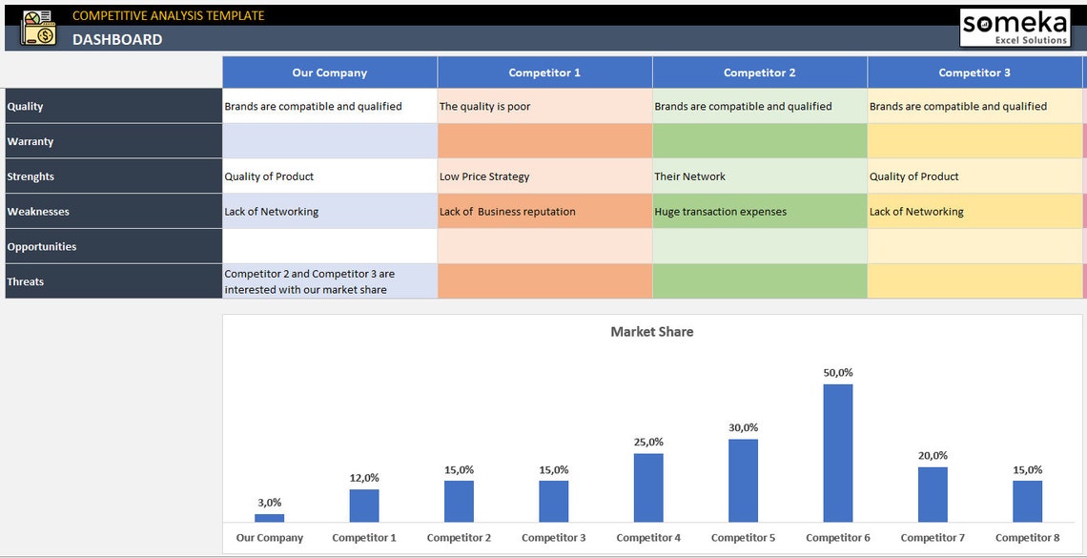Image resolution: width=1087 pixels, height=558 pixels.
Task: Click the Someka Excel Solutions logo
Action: coord(1014,27)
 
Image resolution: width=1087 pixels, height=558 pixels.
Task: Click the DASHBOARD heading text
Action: coord(117,39)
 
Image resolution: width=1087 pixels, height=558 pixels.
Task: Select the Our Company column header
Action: coord(329,72)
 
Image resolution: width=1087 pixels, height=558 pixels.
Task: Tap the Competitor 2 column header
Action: coord(759,72)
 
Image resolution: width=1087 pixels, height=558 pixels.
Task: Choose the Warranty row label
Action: coord(31,141)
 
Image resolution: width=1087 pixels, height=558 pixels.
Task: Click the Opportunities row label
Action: coord(42,246)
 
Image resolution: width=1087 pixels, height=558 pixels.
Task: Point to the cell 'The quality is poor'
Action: coord(484,107)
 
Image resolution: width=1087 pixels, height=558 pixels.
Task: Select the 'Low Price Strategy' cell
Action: coord(484,176)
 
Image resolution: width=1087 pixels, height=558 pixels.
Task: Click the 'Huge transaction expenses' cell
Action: coord(720,212)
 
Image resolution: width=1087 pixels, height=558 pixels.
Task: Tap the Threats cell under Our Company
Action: coord(329,281)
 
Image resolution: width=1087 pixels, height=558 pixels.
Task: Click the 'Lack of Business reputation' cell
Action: coord(507,212)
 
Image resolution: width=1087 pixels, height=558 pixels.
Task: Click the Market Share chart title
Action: coord(652,332)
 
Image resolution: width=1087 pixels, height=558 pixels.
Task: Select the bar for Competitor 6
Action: coord(838,453)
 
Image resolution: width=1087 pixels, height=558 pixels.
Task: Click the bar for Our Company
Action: coord(269,518)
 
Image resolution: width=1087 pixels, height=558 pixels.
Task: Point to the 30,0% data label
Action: coord(743,427)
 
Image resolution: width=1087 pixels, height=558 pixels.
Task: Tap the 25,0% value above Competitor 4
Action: coord(648,442)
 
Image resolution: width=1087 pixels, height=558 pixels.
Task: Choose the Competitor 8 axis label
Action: coord(1027,538)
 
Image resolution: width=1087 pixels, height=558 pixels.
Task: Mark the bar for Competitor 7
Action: coord(933,494)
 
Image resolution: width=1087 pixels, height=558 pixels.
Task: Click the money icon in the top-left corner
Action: coord(38,28)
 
